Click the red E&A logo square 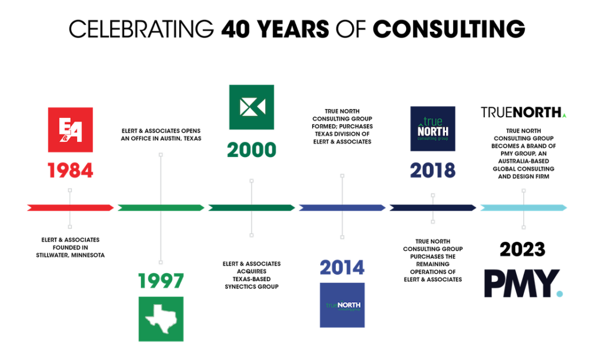tap(70, 130)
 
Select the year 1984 tap(70, 170)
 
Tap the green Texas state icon tap(161, 319)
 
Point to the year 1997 tap(161, 281)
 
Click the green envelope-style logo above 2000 tap(252, 107)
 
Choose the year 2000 tap(252, 150)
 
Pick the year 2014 tap(342, 268)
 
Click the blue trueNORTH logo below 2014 tap(342, 305)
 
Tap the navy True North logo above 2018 tap(433, 129)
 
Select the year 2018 tap(433, 170)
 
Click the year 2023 tap(523, 249)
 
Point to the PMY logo tap(523, 283)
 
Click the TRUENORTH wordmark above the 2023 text tap(523, 112)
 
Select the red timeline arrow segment tap(70, 208)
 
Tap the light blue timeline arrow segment tap(524, 208)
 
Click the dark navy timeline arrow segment tap(433, 208)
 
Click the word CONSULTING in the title tap(449, 29)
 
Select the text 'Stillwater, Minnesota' tap(70, 255)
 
